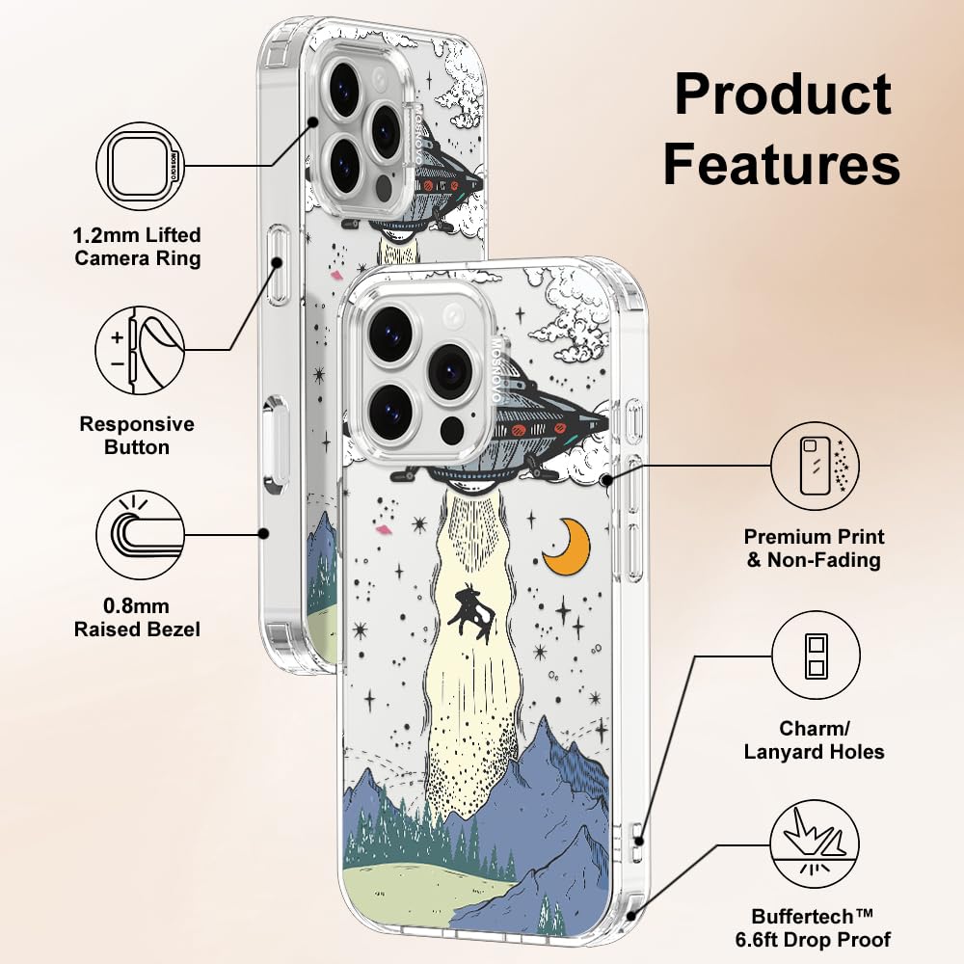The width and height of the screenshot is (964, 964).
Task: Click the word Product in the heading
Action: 782,95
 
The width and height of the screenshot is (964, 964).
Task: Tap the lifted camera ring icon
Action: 140,166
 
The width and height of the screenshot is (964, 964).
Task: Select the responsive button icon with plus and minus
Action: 140,349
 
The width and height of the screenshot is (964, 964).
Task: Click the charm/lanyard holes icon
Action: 816,657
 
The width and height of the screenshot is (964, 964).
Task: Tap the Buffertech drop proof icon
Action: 816,846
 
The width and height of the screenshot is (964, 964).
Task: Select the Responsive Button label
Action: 137,436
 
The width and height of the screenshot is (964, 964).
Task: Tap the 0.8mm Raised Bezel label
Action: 138,618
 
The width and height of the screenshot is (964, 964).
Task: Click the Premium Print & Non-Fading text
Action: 815,549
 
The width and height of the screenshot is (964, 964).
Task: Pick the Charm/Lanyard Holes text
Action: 815,739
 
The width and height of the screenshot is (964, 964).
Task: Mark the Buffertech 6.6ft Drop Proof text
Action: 821,927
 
